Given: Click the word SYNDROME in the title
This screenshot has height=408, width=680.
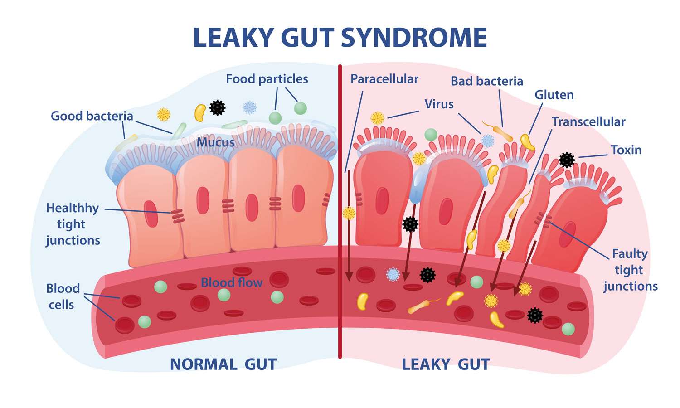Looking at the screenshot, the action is pyautogui.click(x=414, y=37).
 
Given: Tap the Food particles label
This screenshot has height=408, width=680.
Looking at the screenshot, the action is pyautogui.click(x=267, y=79).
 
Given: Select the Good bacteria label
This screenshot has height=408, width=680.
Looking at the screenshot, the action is pyautogui.click(x=92, y=116).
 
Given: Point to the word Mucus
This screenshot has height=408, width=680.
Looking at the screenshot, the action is pyautogui.click(x=215, y=142).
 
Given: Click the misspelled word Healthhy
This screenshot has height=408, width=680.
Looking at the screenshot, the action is pyautogui.click(x=73, y=209).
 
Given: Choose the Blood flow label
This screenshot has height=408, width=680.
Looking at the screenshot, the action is pyautogui.click(x=232, y=282).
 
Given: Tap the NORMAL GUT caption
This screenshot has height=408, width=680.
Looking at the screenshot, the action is pyautogui.click(x=223, y=364).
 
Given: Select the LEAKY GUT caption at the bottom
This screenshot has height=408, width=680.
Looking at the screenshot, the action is pyautogui.click(x=446, y=364).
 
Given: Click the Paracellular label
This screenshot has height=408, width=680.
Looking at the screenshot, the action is pyautogui.click(x=384, y=79).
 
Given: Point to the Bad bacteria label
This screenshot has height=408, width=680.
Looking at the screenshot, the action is pyautogui.click(x=486, y=81).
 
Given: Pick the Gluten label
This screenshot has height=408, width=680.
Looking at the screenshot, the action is pyautogui.click(x=554, y=95).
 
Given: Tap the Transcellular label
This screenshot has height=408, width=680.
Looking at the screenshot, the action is pyautogui.click(x=588, y=122).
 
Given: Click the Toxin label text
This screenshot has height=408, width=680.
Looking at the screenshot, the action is pyautogui.click(x=626, y=150).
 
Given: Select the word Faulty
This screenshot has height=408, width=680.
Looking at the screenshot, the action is pyautogui.click(x=630, y=254).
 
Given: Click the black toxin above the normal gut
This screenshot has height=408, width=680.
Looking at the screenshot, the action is pyautogui.click(x=217, y=108).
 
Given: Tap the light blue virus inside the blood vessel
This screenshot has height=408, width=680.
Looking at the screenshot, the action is pyautogui.click(x=393, y=274).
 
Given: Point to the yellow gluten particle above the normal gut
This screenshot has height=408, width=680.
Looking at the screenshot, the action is pyautogui.click(x=200, y=113).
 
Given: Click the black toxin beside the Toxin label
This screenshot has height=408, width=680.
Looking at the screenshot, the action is pyautogui.click(x=567, y=160).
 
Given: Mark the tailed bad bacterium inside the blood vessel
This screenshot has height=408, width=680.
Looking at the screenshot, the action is pyautogui.click(x=423, y=306).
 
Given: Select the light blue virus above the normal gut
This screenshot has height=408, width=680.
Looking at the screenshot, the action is pyautogui.click(x=249, y=107).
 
